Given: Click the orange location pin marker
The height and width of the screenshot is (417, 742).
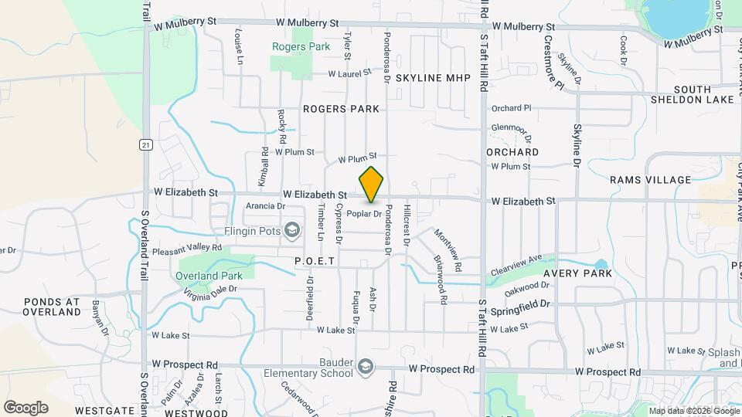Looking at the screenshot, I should [x=371, y=185].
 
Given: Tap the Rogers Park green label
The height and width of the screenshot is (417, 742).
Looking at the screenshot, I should [x=301, y=46].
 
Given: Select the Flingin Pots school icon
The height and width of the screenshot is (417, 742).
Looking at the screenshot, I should [x=292, y=229].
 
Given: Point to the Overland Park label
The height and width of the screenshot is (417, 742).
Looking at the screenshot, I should [x=209, y=276].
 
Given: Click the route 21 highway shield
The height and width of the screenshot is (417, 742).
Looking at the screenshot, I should [x=145, y=144].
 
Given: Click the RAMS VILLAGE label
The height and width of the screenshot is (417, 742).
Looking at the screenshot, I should [x=650, y=180].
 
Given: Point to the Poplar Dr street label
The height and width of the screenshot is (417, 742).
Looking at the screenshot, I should [x=364, y=214].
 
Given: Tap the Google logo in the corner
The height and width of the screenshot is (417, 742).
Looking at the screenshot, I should [x=26, y=408].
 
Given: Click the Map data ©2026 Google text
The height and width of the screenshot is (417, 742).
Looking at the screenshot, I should [x=693, y=411].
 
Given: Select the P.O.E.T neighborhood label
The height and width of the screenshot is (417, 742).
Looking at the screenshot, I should [x=315, y=262].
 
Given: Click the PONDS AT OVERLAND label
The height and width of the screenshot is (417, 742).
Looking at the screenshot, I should [x=52, y=306].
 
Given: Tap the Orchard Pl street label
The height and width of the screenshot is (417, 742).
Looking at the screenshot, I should [x=511, y=108].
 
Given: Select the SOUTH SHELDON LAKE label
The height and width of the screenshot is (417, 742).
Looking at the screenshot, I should [x=692, y=94].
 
